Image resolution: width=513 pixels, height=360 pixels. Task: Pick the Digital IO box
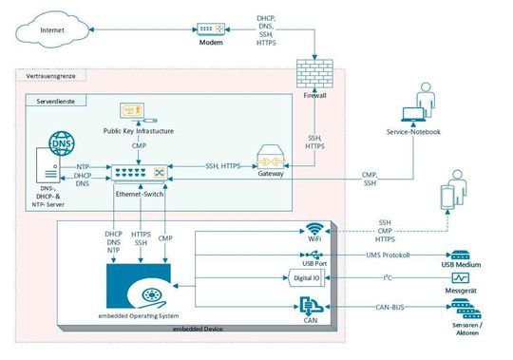tap(305, 278)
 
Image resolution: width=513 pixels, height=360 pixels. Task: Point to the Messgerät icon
tap(461, 278)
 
